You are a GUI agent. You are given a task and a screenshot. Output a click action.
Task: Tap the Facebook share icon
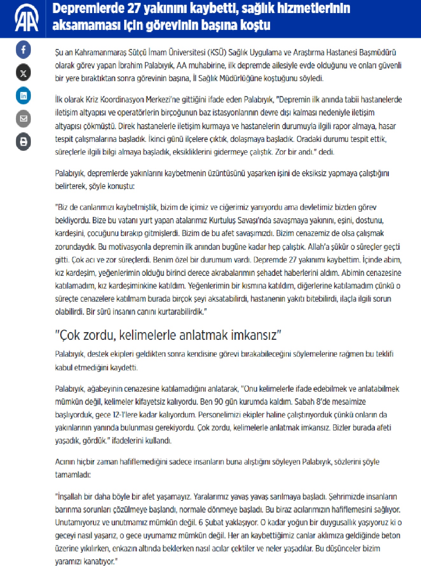(23, 50)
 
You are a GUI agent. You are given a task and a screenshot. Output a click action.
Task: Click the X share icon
(23, 73)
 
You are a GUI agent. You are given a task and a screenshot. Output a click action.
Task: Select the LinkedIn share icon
(23, 96)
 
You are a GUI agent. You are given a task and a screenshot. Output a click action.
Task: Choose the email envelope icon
(23, 119)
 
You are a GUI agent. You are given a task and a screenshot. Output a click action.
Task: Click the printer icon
(23, 142)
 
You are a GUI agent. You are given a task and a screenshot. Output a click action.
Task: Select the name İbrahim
(130, 66)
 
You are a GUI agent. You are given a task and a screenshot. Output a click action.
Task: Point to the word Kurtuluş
(222, 220)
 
